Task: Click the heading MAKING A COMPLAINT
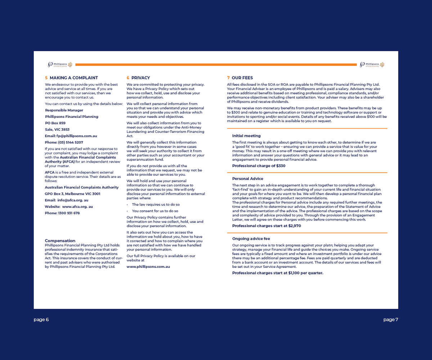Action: (73, 78)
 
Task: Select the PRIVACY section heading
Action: (140, 78)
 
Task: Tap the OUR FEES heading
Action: (242, 78)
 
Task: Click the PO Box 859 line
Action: (55, 123)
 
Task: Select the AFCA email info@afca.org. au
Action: (72, 200)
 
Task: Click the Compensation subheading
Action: (60, 241)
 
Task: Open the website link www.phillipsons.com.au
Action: (148, 267)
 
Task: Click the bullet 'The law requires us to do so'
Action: (156, 204)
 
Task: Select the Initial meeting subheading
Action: (246, 136)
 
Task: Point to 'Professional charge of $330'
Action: (258, 166)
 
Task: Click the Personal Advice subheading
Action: (248, 179)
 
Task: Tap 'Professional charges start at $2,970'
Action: (266, 226)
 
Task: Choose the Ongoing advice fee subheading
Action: (251, 239)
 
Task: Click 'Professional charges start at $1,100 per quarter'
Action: (278, 273)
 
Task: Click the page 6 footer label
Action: (41, 320)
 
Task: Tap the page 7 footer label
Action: (391, 320)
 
